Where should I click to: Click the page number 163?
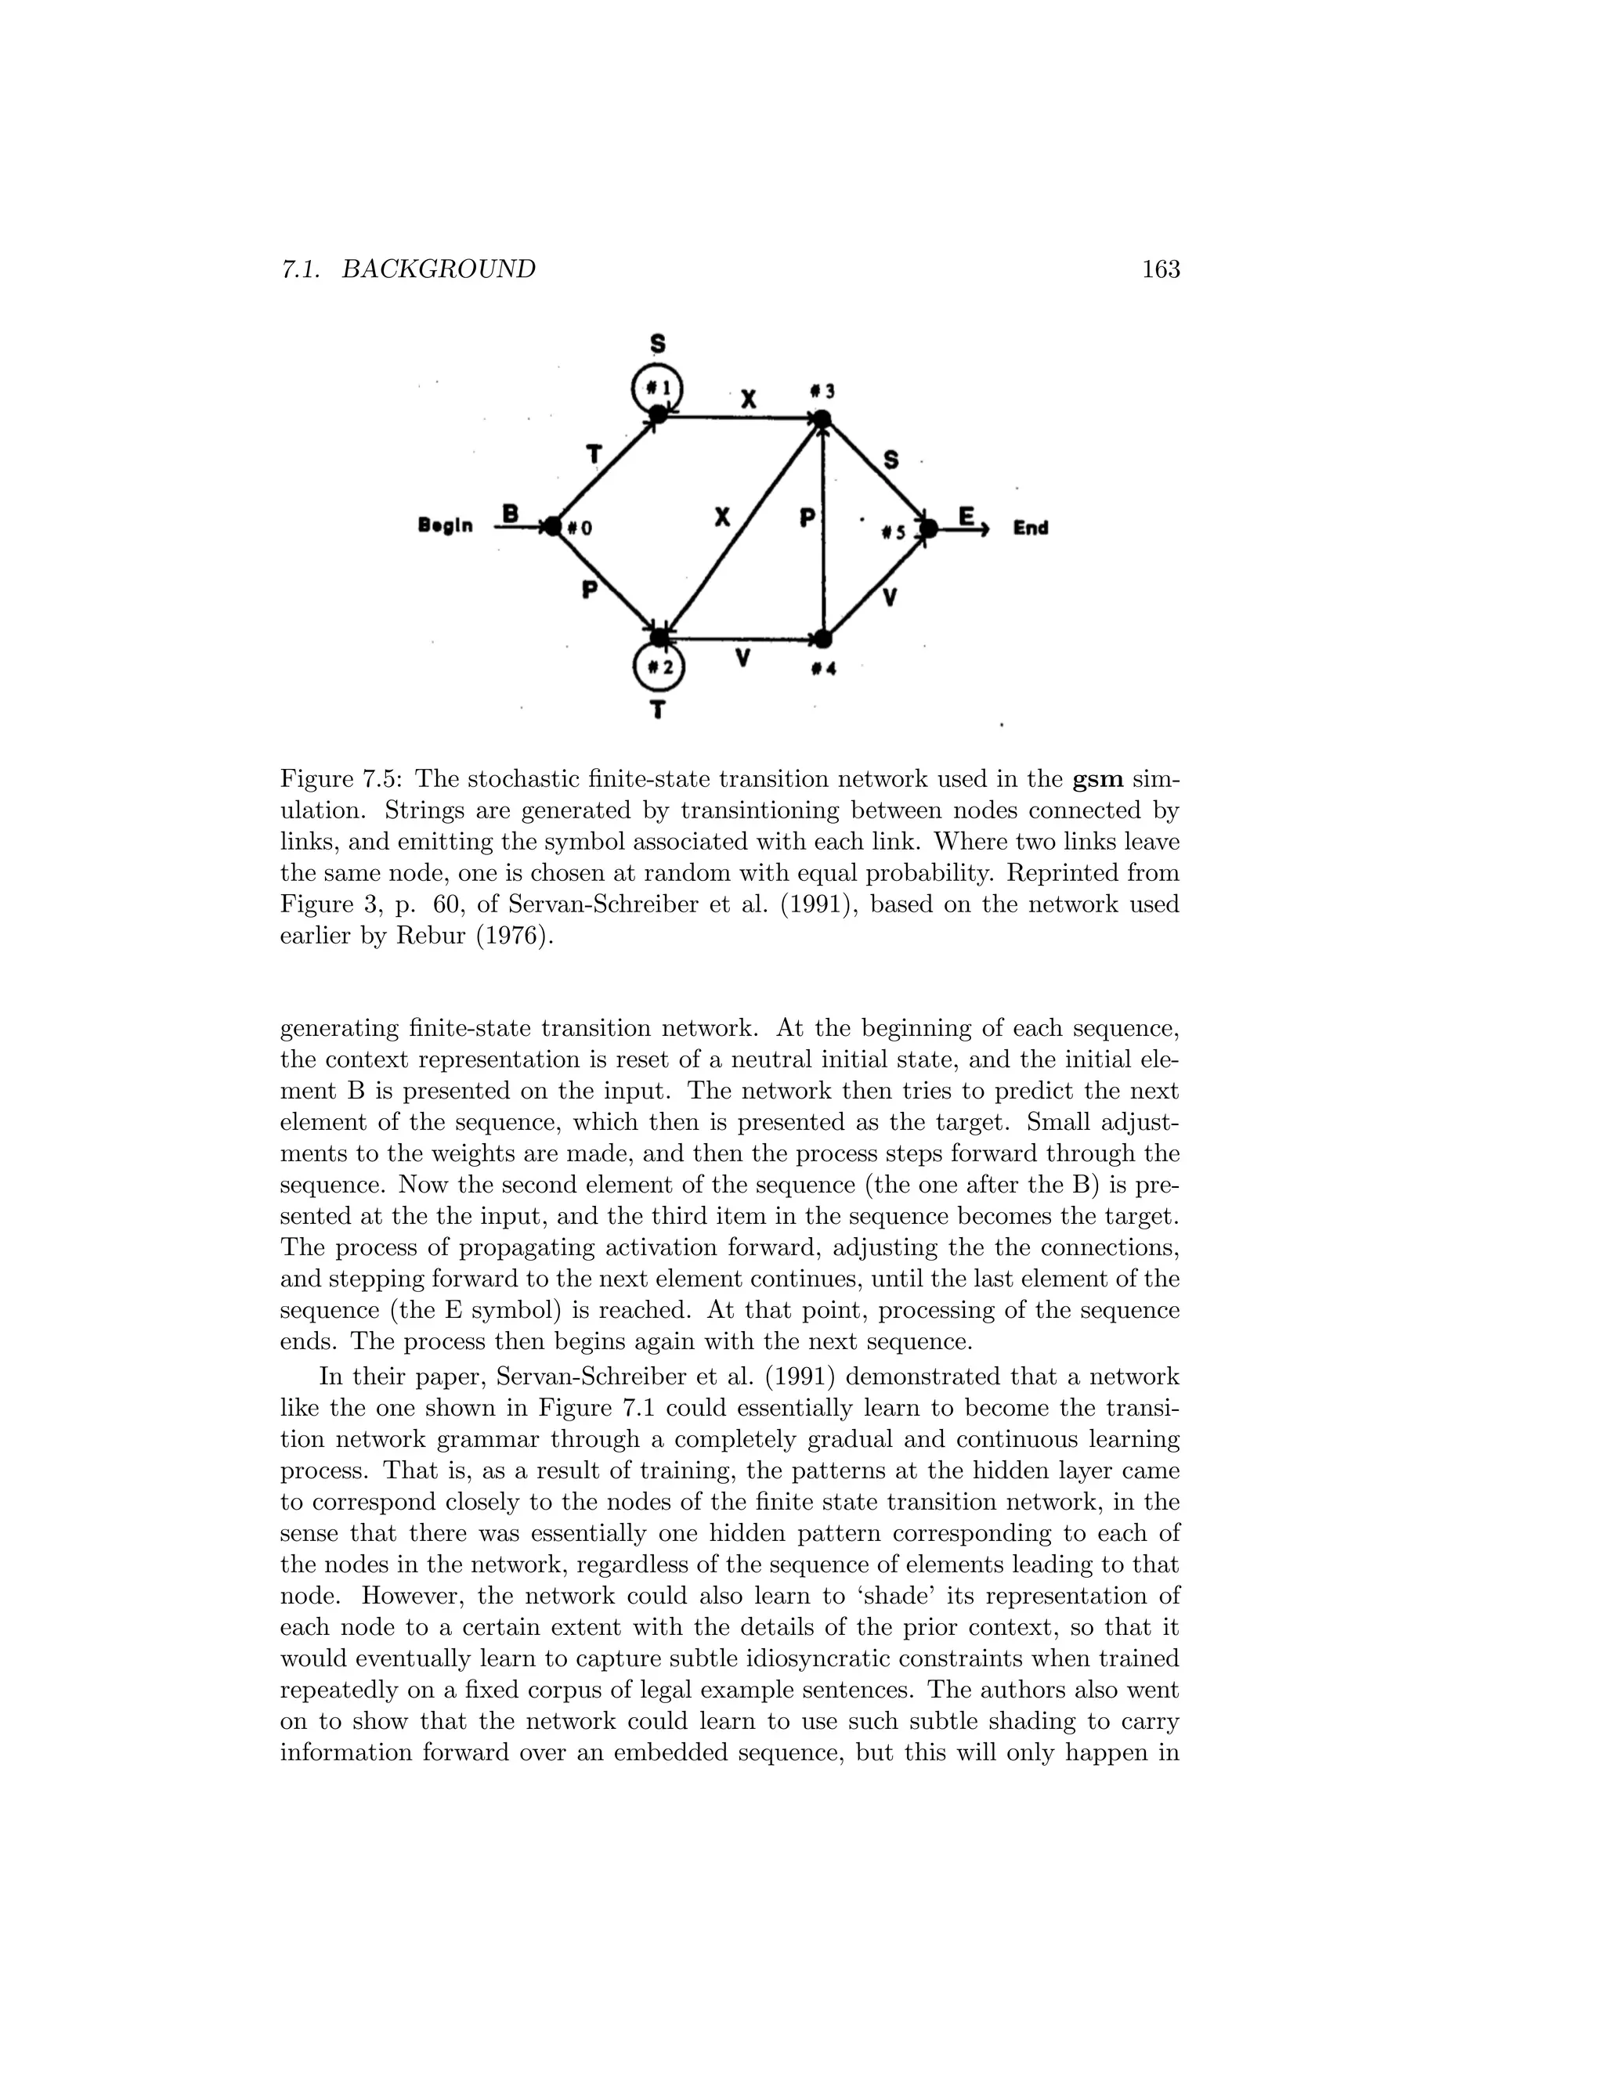pyautogui.click(x=1160, y=270)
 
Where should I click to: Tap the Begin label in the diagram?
pyautogui.click(x=445, y=525)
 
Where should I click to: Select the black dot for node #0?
pyautogui.click(x=552, y=525)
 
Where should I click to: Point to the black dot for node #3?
pyautogui.click(x=822, y=419)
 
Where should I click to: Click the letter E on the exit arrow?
pyautogui.click(x=966, y=516)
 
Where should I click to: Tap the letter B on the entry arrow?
pyautogui.click(x=511, y=514)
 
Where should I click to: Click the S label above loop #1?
pyautogui.click(x=656, y=343)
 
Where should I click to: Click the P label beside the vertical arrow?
pyautogui.click(x=807, y=518)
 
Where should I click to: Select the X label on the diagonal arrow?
pyautogui.click(x=722, y=517)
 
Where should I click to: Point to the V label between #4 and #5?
pyautogui.click(x=890, y=597)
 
